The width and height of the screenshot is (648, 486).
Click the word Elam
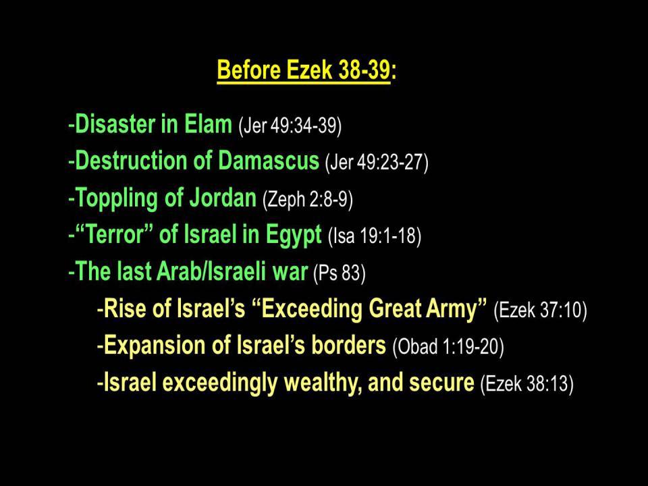point(209,124)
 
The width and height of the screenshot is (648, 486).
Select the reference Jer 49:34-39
point(290,126)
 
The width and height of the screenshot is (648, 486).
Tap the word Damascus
point(269,161)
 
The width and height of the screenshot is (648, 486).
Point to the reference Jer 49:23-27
point(377,162)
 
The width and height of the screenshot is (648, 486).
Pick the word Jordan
point(223,198)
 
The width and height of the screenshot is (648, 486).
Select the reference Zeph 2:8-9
point(308,199)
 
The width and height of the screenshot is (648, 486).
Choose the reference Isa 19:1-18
point(375,236)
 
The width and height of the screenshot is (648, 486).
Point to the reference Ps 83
point(340,273)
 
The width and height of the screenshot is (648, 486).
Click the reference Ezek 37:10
point(540,310)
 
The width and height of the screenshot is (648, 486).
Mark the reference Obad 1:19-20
point(448,346)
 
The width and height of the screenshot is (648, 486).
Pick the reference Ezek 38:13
point(527,383)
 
